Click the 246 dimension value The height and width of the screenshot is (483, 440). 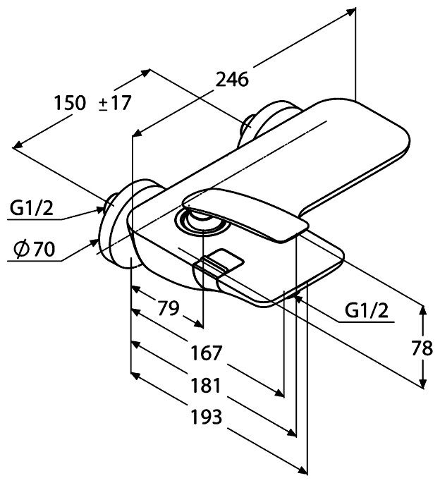click(232, 80)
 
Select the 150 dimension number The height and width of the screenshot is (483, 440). click(71, 104)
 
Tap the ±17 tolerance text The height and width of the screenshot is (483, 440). click(114, 104)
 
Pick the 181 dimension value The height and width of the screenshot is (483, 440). click(204, 385)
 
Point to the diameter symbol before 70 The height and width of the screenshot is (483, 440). click(22, 249)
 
